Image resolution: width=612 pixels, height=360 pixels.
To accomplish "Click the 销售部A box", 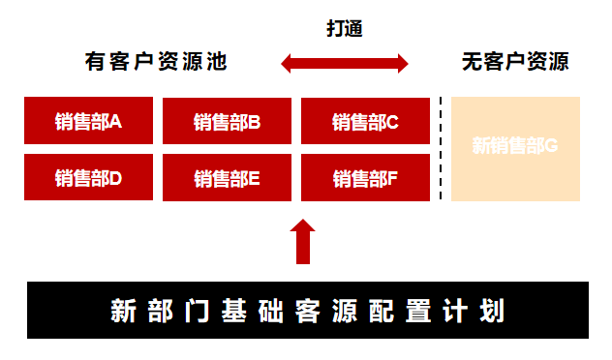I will click(88, 121).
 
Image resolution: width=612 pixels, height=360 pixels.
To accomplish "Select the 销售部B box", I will click(227, 121).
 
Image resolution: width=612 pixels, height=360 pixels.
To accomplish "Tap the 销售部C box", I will click(365, 121).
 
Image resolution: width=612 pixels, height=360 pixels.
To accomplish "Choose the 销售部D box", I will click(88, 178).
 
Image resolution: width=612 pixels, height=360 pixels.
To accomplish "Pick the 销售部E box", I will click(227, 178).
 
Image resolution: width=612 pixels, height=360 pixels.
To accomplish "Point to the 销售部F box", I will click(365, 178).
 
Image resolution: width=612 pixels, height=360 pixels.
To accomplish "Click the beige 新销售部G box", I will click(515, 148).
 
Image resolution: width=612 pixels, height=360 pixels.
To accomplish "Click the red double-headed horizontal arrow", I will click(345, 64).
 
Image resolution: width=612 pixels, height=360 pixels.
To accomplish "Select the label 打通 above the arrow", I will click(344, 28).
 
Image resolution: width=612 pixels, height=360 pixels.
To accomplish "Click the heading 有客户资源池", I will click(156, 64).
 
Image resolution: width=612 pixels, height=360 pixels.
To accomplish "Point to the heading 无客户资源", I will click(514, 64).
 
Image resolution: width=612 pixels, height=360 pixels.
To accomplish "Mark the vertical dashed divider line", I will click(441, 148).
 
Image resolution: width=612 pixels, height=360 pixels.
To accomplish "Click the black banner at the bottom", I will click(307, 311).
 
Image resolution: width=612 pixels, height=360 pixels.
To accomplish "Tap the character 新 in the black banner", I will click(123, 312).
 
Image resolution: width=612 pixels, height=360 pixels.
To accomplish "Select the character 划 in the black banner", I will click(491, 312).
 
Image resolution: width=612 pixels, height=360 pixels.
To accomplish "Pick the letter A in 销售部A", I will click(116, 122).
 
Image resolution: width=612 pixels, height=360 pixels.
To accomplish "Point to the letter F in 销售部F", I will click(393, 178).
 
